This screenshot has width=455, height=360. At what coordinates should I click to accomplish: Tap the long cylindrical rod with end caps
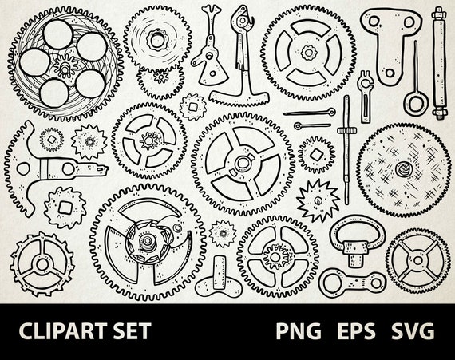(438, 61)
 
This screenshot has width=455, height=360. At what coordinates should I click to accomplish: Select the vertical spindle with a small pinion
(346, 144)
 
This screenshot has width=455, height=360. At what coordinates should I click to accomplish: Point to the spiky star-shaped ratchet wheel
(318, 198)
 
